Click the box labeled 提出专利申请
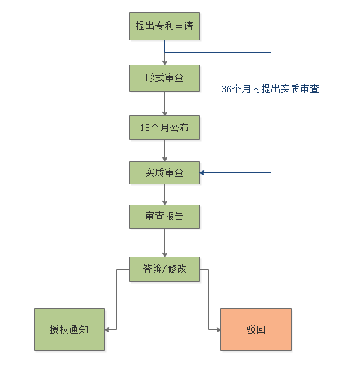pos(164,26)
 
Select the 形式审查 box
pos(164,78)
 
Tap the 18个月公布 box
pos(164,127)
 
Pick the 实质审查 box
pos(164,172)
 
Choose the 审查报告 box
pos(164,217)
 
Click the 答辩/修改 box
pos(164,269)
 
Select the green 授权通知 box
pos(69,329)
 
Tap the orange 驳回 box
pos(256,329)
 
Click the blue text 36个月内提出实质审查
pos(270,88)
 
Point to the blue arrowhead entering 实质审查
pos(202,172)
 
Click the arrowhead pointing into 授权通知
pos(106,329)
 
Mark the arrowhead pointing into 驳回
pos(218,329)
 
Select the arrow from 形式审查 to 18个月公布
pos(164,103)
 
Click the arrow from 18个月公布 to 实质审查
pos(164,151)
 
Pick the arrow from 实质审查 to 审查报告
pos(164,195)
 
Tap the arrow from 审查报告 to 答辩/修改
pos(164,242)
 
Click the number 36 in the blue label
pos(226,89)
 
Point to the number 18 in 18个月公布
pos(145,128)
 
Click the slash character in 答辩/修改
pos(164,269)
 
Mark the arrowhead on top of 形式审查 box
pos(164,63)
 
